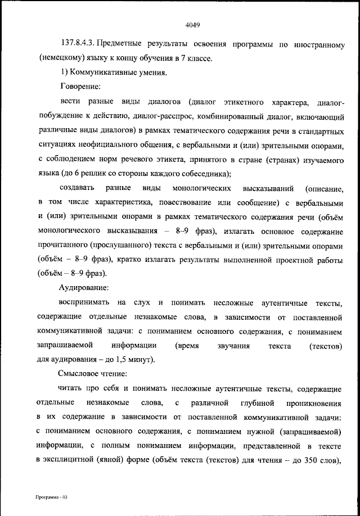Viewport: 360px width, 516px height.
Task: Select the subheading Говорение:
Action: click(80, 87)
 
